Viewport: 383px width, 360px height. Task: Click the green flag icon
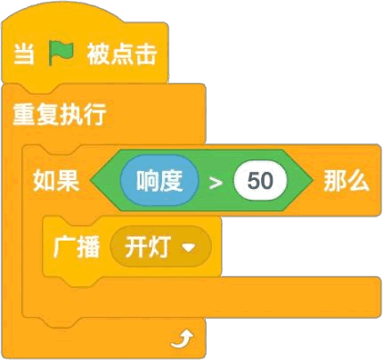tap(61, 53)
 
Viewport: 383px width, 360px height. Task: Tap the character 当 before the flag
tap(24, 53)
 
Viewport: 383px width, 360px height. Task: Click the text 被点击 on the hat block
tap(122, 54)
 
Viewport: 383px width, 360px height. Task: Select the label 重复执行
tap(60, 115)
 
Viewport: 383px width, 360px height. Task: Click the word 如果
tap(56, 181)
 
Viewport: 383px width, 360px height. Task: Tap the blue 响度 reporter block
tap(159, 181)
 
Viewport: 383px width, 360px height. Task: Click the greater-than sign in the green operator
tap(216, 183)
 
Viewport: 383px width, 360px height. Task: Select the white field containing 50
tap(260, 181)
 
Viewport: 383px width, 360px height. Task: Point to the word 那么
tap(346, 181)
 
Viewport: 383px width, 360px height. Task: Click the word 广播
tap(77, 247)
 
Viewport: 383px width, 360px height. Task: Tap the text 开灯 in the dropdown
tap(148, 247)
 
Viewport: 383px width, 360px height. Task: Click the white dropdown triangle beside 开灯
tap(188, 247)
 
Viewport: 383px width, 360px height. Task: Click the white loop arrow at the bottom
tap(182, 340)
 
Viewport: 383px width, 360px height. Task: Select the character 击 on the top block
tap(145, 54)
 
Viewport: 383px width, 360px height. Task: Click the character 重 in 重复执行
tap(24, 115)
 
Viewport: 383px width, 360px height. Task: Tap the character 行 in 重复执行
tap(95, 115)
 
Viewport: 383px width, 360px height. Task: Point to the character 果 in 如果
tap(68, 181)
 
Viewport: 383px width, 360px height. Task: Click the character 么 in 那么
tap(358, 181)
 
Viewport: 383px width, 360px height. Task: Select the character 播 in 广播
tap(88, 247)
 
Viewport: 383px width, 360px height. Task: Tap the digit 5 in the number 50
tap(254, 181)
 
